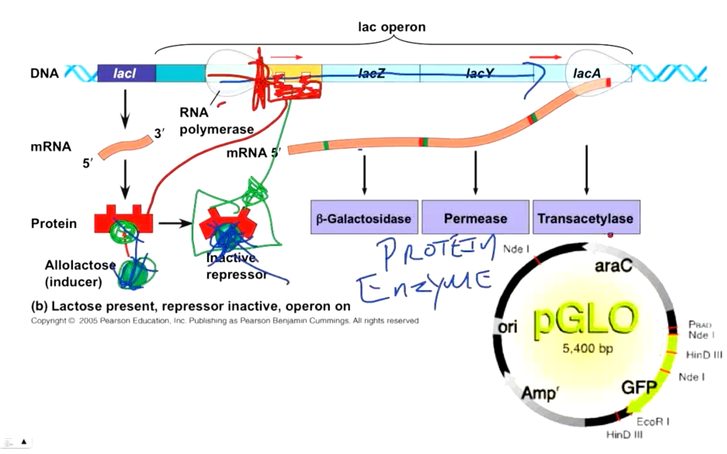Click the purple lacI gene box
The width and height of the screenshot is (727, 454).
click(126, 73)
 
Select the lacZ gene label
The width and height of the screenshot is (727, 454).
click(371, 73)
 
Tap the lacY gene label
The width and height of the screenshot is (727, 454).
click(479, 73)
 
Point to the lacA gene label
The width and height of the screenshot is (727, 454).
click(587, 73)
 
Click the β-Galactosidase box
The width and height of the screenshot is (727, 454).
click(364, 218)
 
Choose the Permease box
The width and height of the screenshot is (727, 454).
click(475, 218)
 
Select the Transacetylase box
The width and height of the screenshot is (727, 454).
click(586, 218)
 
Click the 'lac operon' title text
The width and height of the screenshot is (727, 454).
click(392, 27)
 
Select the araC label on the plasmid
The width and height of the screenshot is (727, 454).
click(613, 266)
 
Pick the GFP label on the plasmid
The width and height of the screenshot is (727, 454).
click(639, 387)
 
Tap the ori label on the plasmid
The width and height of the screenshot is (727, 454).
click(508, 327)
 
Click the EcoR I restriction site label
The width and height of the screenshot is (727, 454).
click(653, 421)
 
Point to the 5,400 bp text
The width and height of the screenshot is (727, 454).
click(587, 349)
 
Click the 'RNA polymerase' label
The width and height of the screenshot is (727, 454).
click(216, 121)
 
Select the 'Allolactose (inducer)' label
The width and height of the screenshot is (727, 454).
click(80, 274)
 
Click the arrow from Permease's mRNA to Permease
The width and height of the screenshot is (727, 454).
click(475, 173)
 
